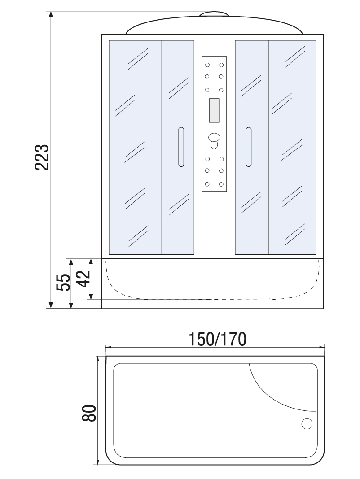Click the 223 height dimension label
[x=42, y=157]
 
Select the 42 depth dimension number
[x=83, y=279]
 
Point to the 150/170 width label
[x=217, y=339]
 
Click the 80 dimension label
[x=89, y=414]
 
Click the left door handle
[x=181, y=147]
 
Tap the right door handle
[x=248, y=147]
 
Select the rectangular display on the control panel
[x=214, y=110]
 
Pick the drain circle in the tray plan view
[x=307, y=424]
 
